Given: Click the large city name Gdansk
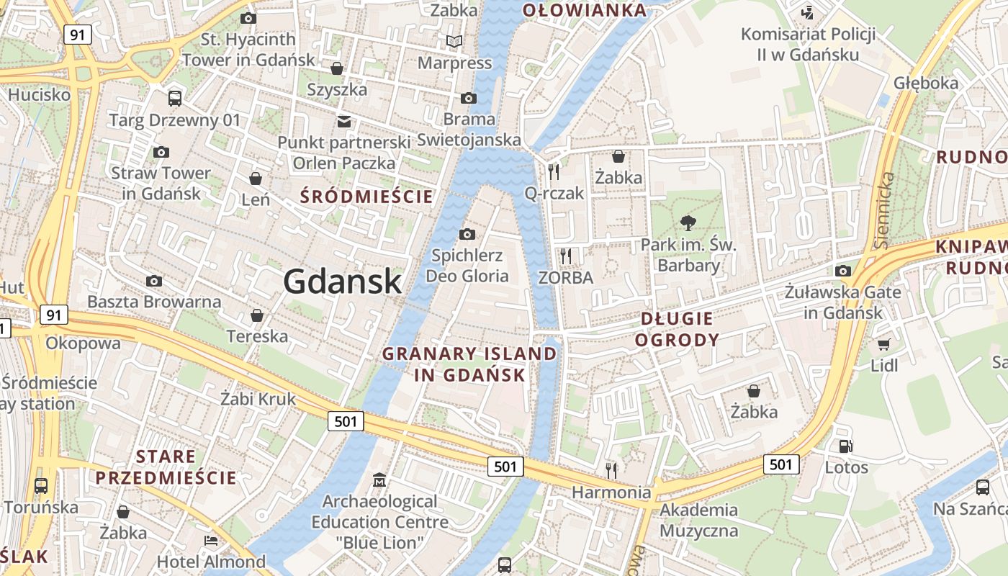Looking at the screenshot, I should point(342,281).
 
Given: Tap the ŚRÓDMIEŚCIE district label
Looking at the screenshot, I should point(366,196).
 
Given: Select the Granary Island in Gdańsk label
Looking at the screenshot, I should point(469,364).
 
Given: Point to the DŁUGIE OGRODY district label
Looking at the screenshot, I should point(677,329).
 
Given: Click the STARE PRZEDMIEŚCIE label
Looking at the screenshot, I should point(166,467).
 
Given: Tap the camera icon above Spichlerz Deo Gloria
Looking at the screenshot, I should point(467,234).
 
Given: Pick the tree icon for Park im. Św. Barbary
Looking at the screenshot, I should point(688,222).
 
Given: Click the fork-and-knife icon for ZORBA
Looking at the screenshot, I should point(566,256).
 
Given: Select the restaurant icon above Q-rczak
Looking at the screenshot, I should point(554,171).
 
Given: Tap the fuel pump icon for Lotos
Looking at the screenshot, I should point(846,446).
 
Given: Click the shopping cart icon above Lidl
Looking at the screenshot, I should point(883,344).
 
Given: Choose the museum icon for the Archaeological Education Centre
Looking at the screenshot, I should point(379,480).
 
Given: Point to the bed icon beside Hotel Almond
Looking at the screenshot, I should point(210,541).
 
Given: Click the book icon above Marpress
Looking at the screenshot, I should point(454,42).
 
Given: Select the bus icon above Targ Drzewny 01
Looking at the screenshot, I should point(174,99).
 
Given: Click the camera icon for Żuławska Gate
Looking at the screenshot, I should point(842,271).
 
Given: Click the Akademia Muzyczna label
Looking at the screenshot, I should point(698,521).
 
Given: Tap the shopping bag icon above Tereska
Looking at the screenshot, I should point(256,315).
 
